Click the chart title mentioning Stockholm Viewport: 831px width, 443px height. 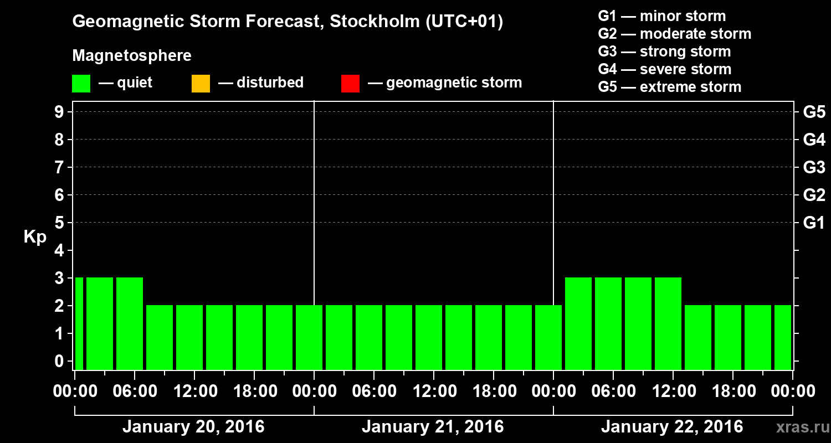click(x=288, y=22)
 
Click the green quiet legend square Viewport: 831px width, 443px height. click(x=81, y=84)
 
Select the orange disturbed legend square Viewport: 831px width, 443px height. click(x=201, y=84)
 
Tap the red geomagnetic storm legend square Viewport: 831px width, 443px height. click(x=350, y=84)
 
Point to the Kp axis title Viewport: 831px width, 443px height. click(x=35, y=236)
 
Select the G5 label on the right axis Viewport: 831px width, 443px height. click(x=814, y=112)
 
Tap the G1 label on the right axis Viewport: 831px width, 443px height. click(x=814, y=223)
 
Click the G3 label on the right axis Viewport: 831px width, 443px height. click(x=814, y=167)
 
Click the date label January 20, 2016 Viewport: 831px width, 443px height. click(x=193, y=427)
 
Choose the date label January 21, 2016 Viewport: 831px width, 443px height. click(x=433, y=427)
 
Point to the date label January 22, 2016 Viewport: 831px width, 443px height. click(x=672, y=427)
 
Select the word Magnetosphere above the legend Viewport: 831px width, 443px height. click(x=132, y=56)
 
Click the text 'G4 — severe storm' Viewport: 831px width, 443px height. click(x=665, y=69)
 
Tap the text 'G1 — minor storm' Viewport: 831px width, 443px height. click(x=662, y=16)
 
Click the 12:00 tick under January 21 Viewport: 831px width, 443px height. click(x=434, y=391)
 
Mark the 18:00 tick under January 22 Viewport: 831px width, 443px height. click(x=733, y=391)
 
